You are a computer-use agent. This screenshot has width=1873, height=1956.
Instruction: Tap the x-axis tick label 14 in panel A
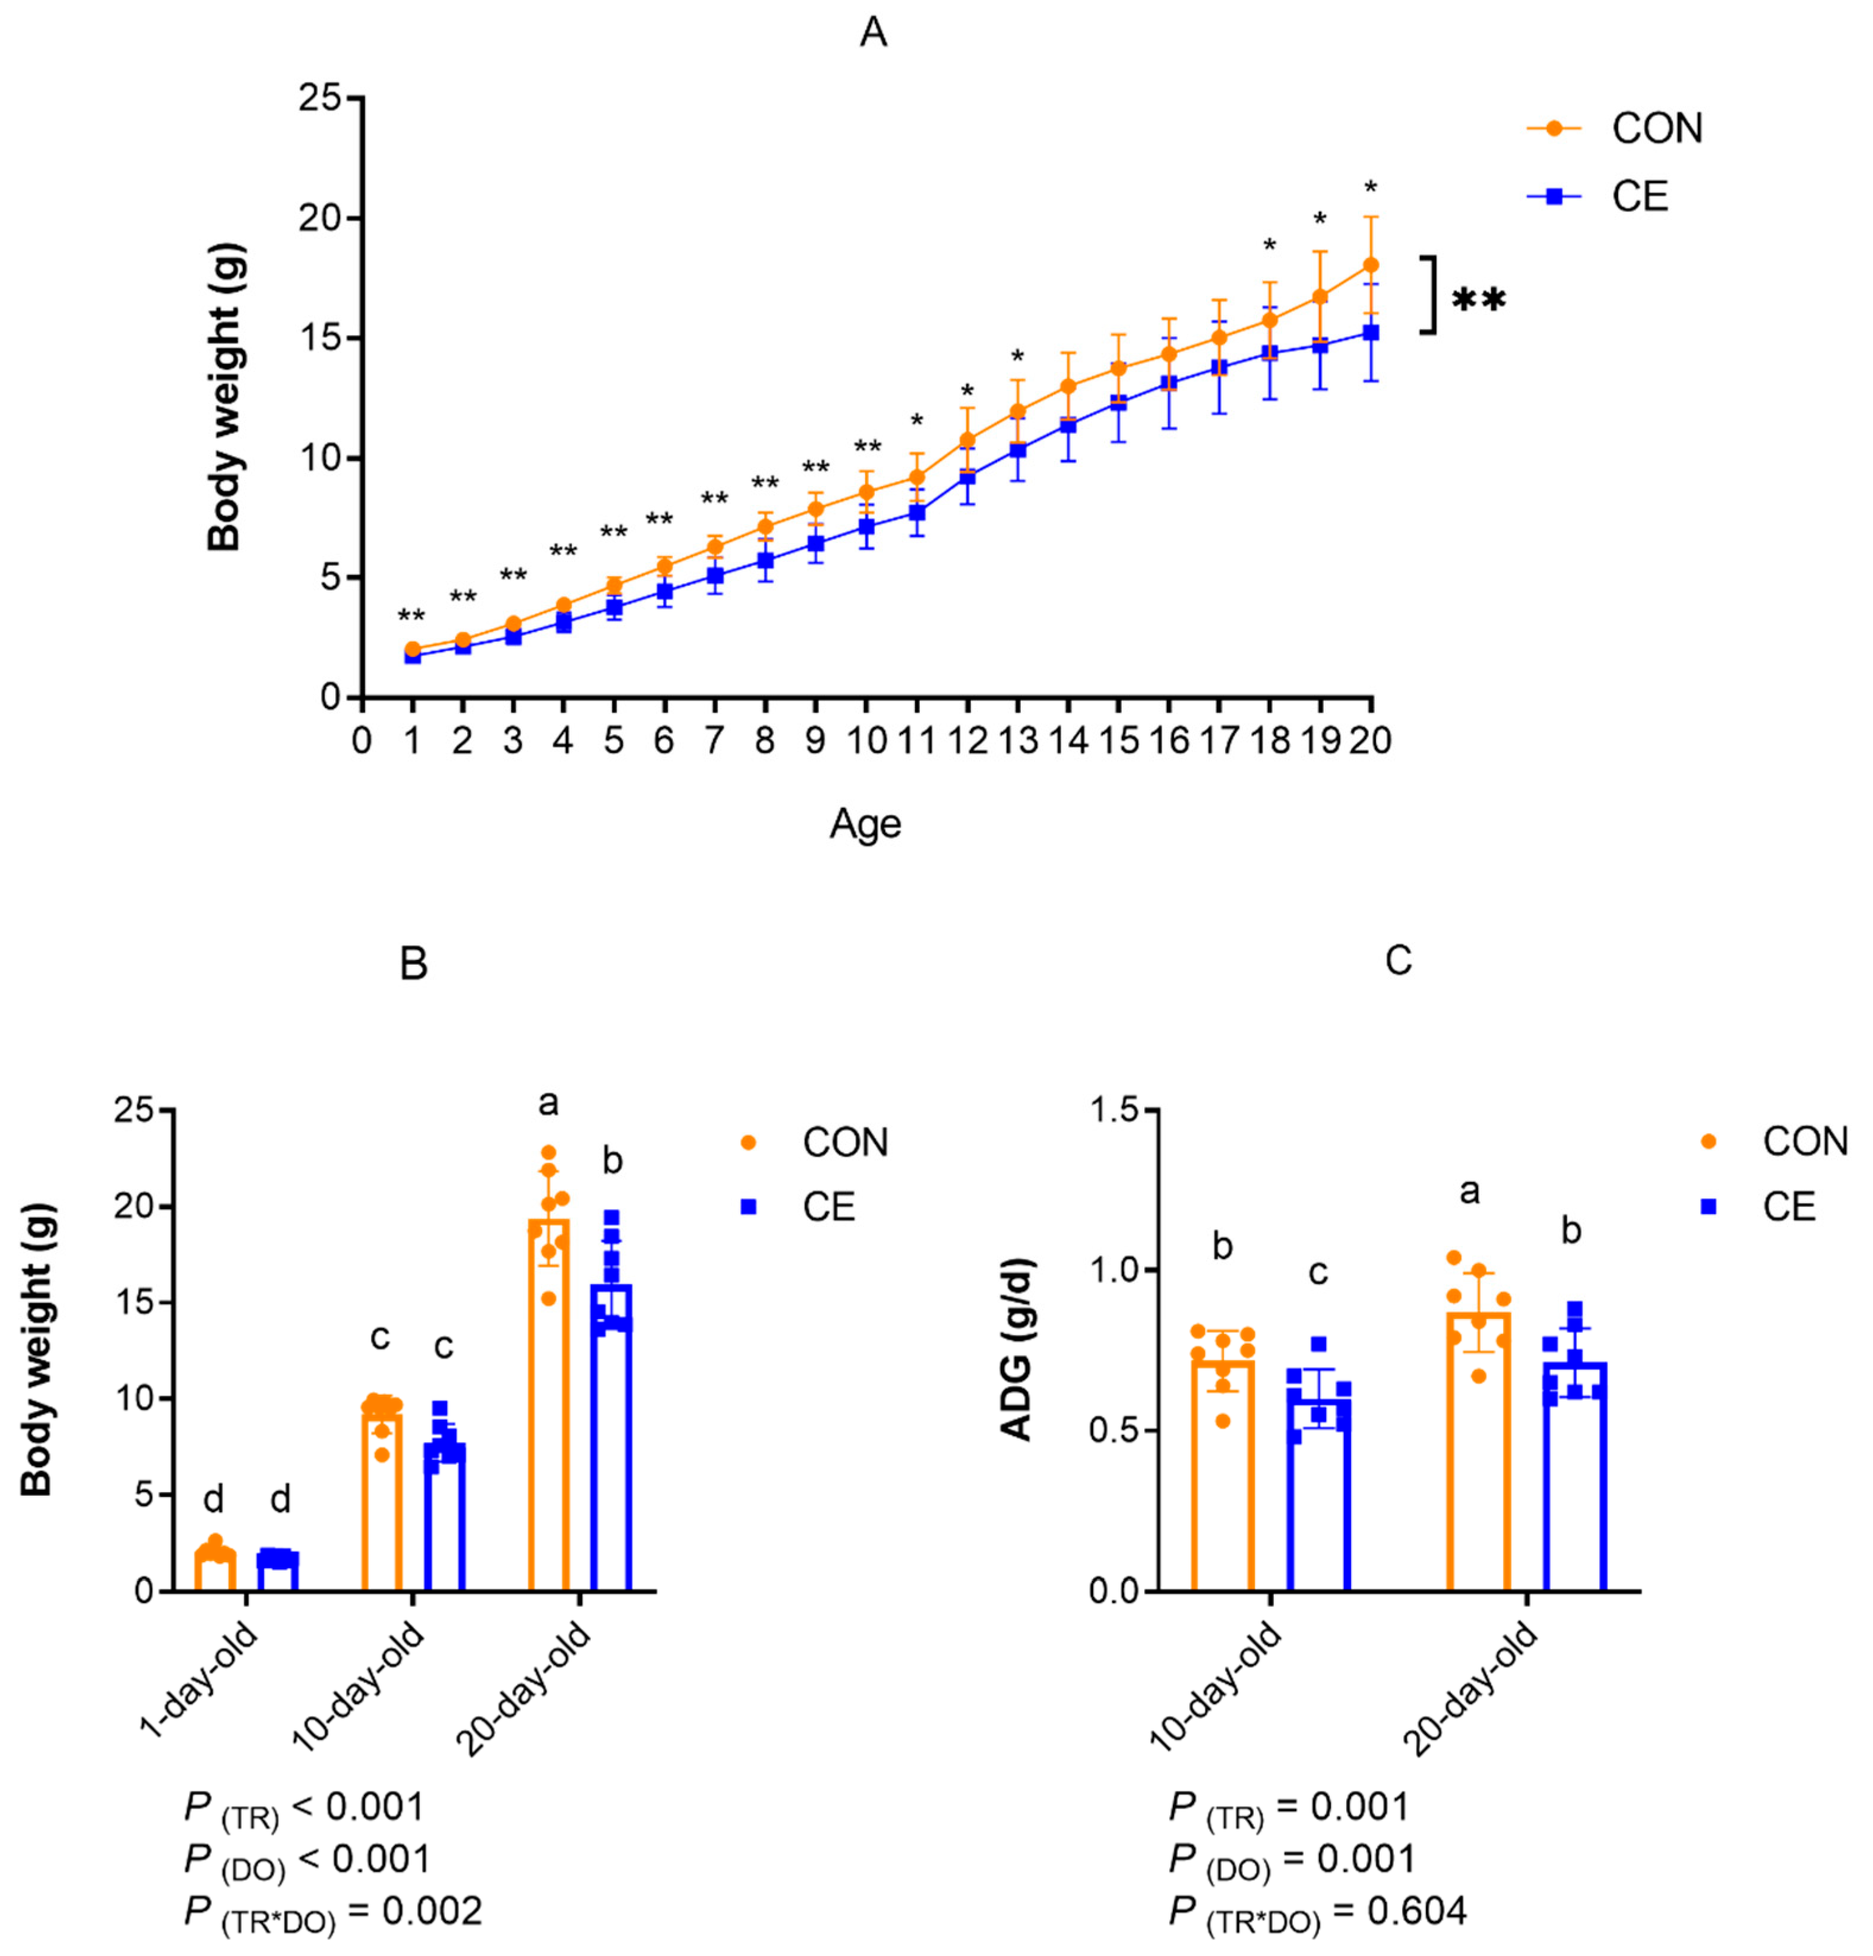[1068, 741]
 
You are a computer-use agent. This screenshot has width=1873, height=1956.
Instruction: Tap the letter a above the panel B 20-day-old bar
[548, 1103]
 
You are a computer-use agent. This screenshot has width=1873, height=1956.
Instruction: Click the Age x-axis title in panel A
[865, 824]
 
